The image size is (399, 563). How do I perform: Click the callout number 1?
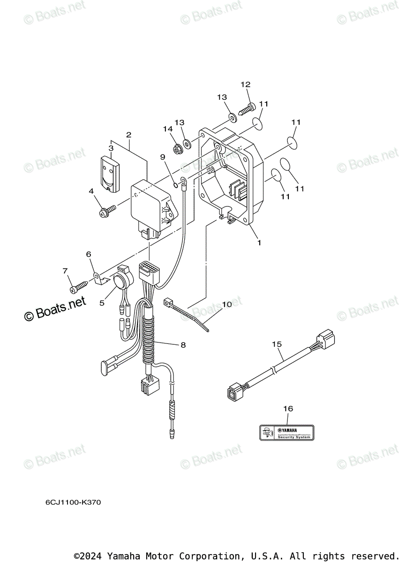[x=258, y=243]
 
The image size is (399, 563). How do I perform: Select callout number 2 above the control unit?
[x=128, y=135]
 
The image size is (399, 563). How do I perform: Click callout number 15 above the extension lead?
[x=277, y=344]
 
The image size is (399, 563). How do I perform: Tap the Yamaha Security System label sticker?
[x=286, y=432]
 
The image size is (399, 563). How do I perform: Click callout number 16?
[x=288, y=409]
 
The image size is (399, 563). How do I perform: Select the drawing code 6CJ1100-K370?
[x=73, y=502]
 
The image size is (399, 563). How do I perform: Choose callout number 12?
[x=246, y=84]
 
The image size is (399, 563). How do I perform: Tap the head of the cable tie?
[x=169, y=302]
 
